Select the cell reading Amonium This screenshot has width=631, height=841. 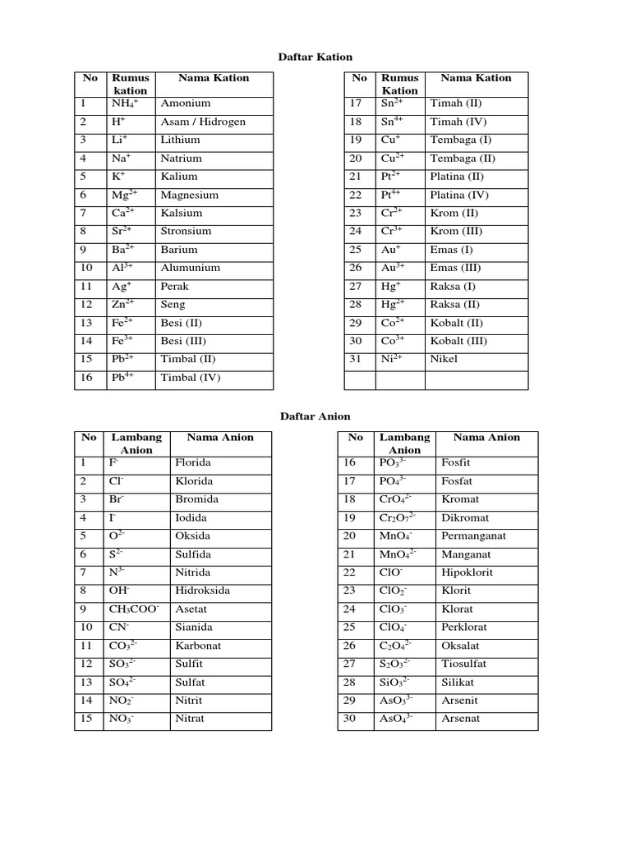(x=186, y=103)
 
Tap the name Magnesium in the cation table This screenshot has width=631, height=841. (x=190, y=195)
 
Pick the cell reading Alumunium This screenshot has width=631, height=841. (x=191, y=268)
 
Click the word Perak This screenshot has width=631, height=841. (x=175, y=287)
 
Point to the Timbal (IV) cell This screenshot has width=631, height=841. (x=191, y=379)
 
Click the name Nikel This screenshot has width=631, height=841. (x=444, y=359)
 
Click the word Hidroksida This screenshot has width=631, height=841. (x=200, y=591)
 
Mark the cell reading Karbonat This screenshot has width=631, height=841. (x=198, y=646)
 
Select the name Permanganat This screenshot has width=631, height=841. (x=474, y=535)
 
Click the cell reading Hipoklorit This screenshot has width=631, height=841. (x=467, y=572)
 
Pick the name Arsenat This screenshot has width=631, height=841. (x=462, y=719)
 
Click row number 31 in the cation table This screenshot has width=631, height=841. (x=356, y=359)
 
